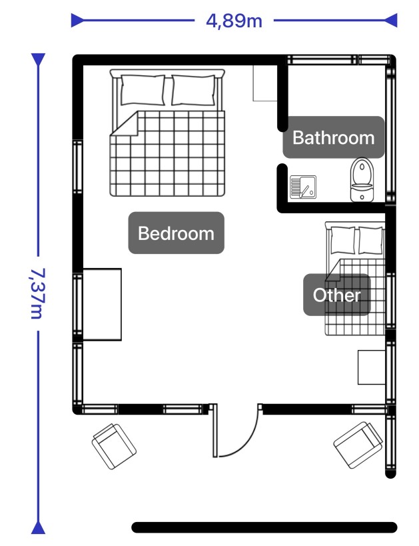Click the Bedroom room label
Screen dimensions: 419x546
176,233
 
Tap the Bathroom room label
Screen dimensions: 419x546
333,137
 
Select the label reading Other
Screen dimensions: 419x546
336,295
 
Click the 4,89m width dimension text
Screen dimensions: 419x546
234,21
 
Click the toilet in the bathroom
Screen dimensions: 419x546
362,180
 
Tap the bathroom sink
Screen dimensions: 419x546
303,187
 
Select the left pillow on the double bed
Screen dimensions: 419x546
143,90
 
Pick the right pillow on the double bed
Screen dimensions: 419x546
193,90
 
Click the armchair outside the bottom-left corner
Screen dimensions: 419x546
114,446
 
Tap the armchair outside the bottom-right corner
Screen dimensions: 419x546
359,445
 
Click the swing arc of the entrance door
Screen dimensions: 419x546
247,443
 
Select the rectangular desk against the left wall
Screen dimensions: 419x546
102,305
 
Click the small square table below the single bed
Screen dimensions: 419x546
372,367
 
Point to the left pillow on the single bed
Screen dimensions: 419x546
343,240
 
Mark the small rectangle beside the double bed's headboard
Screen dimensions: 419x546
265,83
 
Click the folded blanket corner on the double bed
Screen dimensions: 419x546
125,123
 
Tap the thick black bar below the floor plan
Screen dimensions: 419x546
264,527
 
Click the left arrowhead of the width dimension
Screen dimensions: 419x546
77,20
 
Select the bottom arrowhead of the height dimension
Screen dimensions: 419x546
38,528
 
